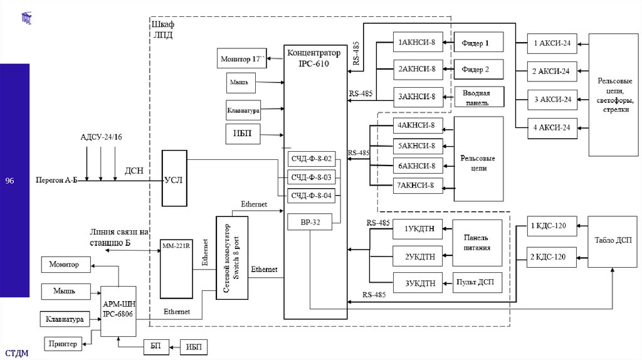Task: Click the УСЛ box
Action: (x=174, y=179)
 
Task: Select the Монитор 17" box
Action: (x=241, y=59)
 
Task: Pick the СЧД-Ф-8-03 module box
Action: (x=312, y=177)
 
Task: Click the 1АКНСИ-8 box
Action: (x=417, y=43)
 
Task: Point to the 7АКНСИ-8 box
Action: (x=417, y=185)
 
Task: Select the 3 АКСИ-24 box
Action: (x=552, y=99)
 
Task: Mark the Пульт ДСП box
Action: (x=477, y=282)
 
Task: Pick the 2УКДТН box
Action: (x=418, y=257)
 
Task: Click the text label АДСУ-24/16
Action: (x=102, y=137)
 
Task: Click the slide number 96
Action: (x=9, y=181)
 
